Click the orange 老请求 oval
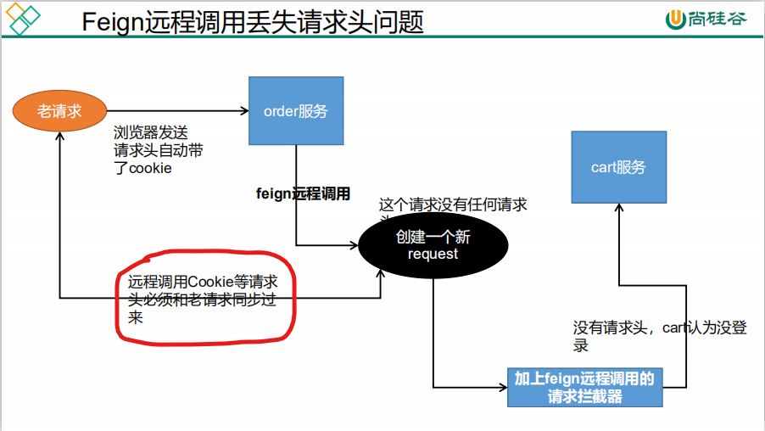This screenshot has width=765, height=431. (59, 111)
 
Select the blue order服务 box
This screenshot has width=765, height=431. (295, 111)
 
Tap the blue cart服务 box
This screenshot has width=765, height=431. (618, 167)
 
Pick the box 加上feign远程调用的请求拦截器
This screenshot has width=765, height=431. (584, 387)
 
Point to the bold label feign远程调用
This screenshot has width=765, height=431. (303, 193)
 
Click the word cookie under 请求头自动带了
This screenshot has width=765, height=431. (150, 168)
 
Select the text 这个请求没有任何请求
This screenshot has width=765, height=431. (452, 205)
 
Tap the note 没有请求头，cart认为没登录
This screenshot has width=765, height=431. (659, 336)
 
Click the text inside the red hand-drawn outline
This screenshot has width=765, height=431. (204, 299)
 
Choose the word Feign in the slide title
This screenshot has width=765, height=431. (114, 22)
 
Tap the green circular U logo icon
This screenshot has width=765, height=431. (676, 20)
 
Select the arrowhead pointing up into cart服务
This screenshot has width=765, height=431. (618, 209)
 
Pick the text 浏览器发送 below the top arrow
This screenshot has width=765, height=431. (150, 132)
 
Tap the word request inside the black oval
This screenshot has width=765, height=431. (433, 254)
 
